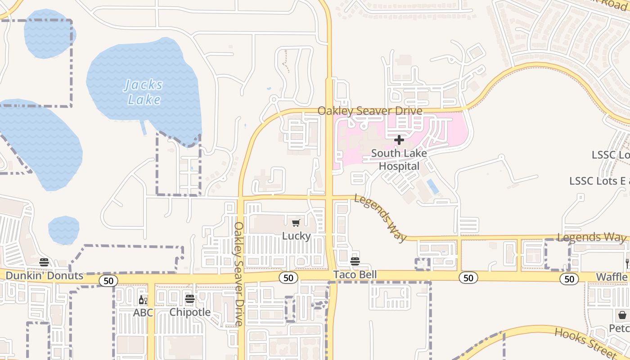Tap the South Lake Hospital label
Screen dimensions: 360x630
point(399,160)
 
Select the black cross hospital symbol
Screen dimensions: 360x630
point(399,140)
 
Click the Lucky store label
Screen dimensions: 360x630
point(296,236)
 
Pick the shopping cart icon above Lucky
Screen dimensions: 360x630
point(296,223)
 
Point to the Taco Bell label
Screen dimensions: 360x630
point(355,274)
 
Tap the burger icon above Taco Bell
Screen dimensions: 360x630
point(355,261)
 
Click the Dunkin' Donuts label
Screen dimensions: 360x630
point(45,275)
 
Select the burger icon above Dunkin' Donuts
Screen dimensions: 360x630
point(44,262)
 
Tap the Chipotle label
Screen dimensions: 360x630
point(190,312)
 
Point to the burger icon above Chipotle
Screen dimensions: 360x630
point(190,299)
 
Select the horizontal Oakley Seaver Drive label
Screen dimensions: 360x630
point(370,111)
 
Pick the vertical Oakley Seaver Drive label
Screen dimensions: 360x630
point(239,274)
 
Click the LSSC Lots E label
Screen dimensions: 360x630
point(599,181)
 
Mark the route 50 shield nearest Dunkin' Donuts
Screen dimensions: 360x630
point(108,281)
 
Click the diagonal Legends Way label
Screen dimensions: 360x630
point(380,218)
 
